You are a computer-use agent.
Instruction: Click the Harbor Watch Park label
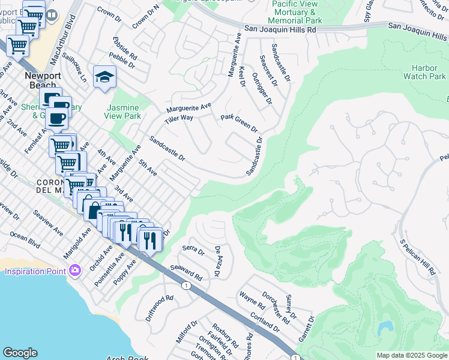point(424,72)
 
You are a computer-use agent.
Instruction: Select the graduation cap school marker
point(104,77)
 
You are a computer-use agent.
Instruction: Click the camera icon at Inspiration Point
point(74,271)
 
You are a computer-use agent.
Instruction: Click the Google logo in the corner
point(20,353)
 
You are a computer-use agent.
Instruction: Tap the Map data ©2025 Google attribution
point(411,355)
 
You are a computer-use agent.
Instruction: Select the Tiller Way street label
point(179,118)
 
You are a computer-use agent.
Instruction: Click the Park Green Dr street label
point(239,123)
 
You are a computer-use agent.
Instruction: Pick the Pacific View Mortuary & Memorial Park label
point(297,13)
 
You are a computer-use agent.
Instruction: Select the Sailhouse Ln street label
point(74,68)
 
